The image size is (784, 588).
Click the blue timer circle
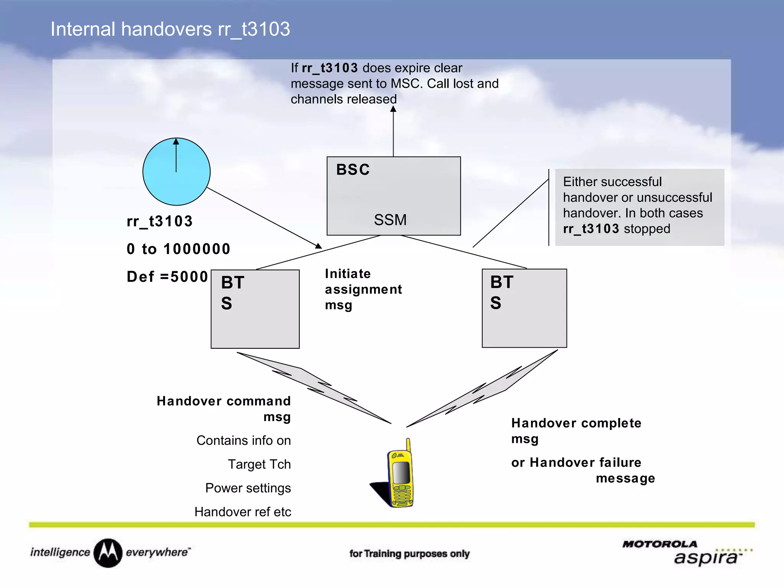[176, 171]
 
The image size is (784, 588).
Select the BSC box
[394, 196]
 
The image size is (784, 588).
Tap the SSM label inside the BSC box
[390, 220]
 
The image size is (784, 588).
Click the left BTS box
[255, 309]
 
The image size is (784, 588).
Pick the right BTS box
[524, 308]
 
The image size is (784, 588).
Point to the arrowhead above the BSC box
[393, 109]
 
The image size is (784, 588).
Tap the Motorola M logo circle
[108, 553]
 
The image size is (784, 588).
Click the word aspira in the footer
[705, 558]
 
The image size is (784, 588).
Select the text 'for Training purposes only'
[409, 554]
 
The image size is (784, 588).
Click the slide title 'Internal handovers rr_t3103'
[170, 29]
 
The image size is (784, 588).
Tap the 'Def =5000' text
[167, 276]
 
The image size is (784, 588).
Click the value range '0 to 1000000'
[178, 249]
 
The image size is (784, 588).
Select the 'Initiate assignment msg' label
[363, 289]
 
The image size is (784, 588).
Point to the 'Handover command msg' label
[224, 408]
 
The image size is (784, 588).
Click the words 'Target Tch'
[259, 464]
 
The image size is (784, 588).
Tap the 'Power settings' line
[248, 488]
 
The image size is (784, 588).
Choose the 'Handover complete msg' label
[576, 430]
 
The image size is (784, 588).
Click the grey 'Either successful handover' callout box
[639, 207]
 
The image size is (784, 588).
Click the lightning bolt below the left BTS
[314, 387]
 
